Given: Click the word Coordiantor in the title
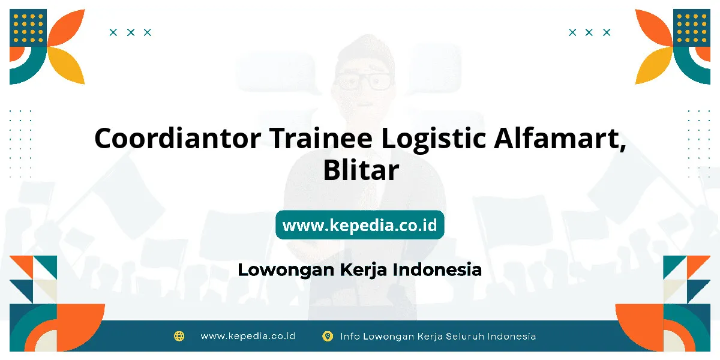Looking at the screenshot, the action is click(x=178, y=139).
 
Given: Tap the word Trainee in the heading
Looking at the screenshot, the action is click(x=321, y=139).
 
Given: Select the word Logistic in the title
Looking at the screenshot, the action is click(x=433, y=140).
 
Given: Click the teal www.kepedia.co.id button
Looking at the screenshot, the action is click(x=359, y=224).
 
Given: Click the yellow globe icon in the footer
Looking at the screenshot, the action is click(x=179, y=336).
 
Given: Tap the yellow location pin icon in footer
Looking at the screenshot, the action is click(x=327, y=336).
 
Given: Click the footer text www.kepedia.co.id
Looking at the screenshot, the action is click(x=248, y=336).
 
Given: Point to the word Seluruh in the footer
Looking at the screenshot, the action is click(x=465, y=336).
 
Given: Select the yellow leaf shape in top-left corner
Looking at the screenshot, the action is click(x=67, y=65).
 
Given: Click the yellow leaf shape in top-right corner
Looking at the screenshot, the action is click(x=654, y=65).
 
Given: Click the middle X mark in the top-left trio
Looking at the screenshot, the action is click(x=131, y=32).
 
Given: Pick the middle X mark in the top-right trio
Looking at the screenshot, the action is click(x=589, y=32).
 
